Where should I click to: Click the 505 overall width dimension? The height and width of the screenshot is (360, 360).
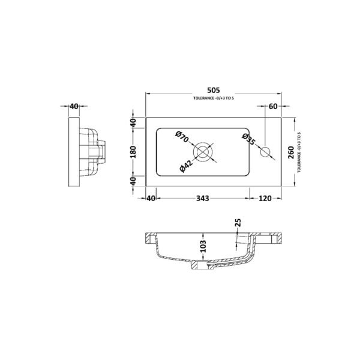click(213, 90)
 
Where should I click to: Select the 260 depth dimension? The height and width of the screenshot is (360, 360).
click(290, 152)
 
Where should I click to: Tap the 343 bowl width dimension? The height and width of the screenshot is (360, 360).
click(203, 198)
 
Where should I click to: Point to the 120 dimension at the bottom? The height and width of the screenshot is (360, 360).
click(265, 198)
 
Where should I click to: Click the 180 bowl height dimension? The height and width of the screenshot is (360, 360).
click(133, 152)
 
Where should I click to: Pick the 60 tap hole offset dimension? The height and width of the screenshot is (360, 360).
click(273, 106)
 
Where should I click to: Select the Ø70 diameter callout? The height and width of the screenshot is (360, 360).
click(182, 137)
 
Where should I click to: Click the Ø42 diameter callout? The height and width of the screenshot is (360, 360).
click(186, 166)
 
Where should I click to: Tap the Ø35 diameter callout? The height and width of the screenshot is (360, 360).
click(248, 139)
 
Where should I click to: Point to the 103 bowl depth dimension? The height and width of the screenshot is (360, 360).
click(203, 246)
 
